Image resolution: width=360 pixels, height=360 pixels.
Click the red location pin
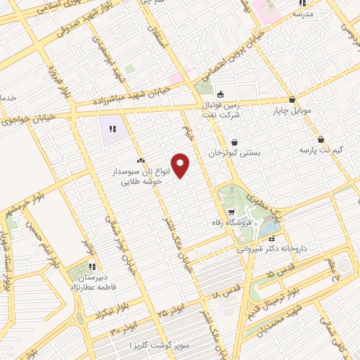[181, 165]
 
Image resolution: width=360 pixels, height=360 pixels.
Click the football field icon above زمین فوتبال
[220, 95]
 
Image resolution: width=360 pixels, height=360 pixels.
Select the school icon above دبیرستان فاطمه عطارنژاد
[91, 266]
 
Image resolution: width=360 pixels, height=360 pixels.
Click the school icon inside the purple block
[112, 129]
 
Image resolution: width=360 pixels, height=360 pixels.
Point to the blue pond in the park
[269, 226]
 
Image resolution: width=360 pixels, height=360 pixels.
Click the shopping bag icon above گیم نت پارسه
[321, 139]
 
